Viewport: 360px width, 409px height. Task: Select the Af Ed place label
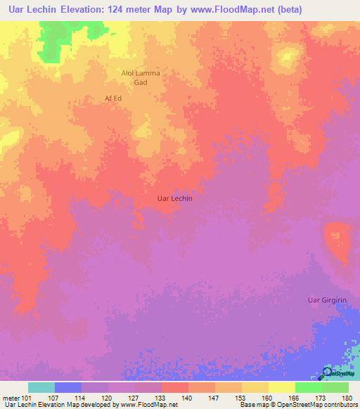[x=113, y=98]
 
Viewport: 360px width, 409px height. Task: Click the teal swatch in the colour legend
[x=41, y=387]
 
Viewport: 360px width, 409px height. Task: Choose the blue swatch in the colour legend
[x=68, y=387]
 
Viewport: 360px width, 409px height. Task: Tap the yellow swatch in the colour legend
[x=282, y=387]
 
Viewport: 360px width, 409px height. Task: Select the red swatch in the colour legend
[x=175, y=387]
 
